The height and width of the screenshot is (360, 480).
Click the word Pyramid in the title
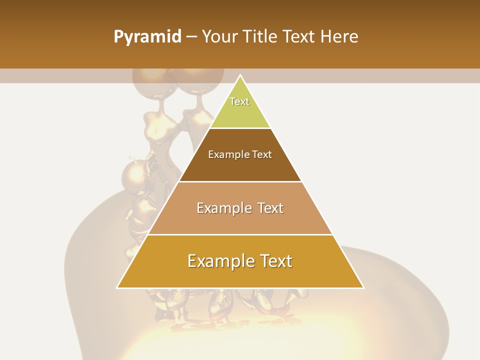[147, 37]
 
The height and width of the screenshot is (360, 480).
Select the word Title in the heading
[261, 36]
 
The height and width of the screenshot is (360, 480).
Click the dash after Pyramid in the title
[191, 37]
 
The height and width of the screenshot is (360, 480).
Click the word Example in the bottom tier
[218, 261]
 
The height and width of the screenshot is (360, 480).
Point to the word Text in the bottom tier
[275, 261]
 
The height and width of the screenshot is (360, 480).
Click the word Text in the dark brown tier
[262, 154]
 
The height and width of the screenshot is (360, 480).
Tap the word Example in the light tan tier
[223, 208]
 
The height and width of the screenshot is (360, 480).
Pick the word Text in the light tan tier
[270, 208]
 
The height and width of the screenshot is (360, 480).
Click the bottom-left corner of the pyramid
[117, 288]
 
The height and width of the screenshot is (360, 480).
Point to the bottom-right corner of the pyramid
[363, 288]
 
